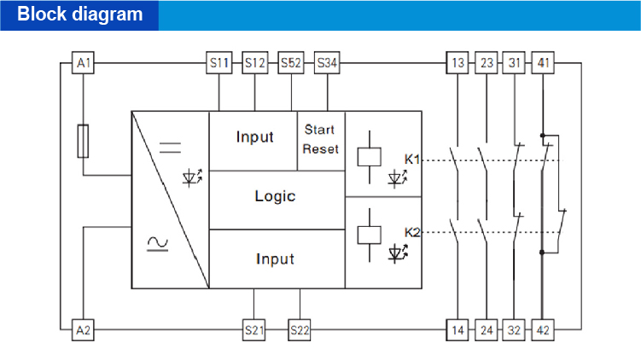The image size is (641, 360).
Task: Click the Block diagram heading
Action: [x=80, y=15]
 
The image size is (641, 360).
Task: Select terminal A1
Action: [x=83, y=63]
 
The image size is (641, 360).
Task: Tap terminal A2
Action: [x=83, y=329]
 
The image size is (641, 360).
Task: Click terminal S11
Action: [x=220, y=63]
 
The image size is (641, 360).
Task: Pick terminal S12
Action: [x=255, y=63]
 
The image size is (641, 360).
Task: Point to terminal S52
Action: [x=291, y=63]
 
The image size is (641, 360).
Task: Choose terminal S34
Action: [x=327, y=63]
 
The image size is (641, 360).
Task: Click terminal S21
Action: [x=254, y=329]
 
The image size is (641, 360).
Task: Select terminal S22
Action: [x=300, y=329]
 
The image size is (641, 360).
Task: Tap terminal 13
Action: [x=458, y=63]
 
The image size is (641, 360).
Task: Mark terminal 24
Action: [x=486, y=329]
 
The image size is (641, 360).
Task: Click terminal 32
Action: [x=514, y=329]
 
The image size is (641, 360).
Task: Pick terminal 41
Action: [x=542, y=63]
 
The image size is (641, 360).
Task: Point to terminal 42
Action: [x=542, y=329]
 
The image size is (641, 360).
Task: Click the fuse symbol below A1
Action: [x=83, y=141]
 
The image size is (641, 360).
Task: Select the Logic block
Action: [x=275, y=196]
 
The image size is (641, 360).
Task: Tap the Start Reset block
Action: [x=320, y=139]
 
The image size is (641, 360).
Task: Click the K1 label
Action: [x=412, y=160]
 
